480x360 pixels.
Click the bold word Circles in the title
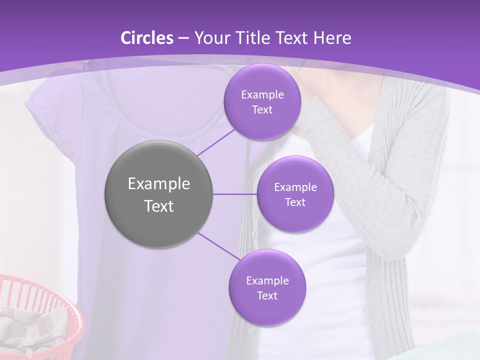coord(146,38)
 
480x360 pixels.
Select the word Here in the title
coord(332,38)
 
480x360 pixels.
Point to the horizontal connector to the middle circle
coord(234,194)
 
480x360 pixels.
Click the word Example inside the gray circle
coord(159,184)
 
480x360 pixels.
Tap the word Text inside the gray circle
coord(159,206)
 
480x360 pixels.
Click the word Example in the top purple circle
coord(262,95)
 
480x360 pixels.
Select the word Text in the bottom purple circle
coord(267,295)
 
